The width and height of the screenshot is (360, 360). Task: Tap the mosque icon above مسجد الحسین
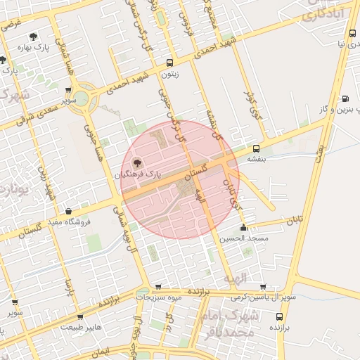(x=243, y=227)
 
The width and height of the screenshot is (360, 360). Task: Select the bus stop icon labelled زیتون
(x=169, y=63)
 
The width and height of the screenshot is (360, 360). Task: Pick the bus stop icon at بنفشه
(x=255, y=148)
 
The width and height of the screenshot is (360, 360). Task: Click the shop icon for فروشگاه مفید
(x=68, y=211)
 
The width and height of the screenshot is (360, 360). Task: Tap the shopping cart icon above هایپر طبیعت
(x=80, y=317)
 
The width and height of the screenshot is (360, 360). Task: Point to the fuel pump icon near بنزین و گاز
(x=345, y=98)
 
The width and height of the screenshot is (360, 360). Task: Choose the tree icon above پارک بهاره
(x=32, y=36)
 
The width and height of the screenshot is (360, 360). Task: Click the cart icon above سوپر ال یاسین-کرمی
(x=262, y=287)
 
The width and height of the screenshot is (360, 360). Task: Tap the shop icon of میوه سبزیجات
(x=158, y=287)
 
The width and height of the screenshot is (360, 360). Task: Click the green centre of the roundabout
(x=84, y=97)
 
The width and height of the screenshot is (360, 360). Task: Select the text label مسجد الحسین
(x=243, y=238)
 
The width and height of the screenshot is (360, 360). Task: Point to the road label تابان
(x=294, y=221)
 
